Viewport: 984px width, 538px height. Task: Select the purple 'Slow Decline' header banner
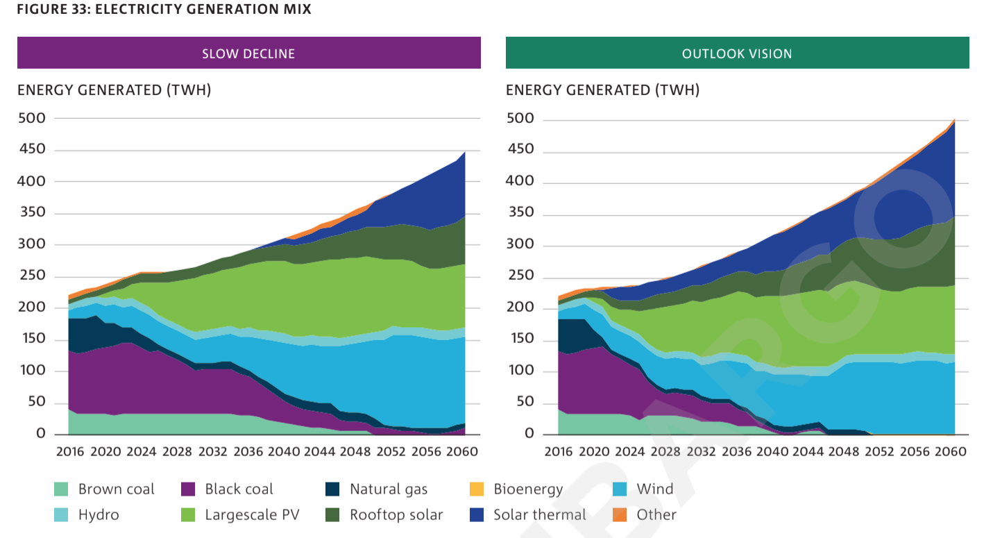[248, 53]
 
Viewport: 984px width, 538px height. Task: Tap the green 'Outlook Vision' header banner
[737, 53]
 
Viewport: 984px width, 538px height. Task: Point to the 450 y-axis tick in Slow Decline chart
[31, 150]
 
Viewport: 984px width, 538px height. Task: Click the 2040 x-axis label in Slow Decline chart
[285, 452]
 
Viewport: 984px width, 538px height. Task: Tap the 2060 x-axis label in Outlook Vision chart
[951, 452]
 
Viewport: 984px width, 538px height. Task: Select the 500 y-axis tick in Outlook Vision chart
[520, 119]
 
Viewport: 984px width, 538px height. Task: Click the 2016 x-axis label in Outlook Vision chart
[558, 452]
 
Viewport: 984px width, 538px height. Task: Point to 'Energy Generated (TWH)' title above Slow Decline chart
[114, 90]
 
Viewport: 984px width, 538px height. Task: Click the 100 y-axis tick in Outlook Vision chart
[520, 371]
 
